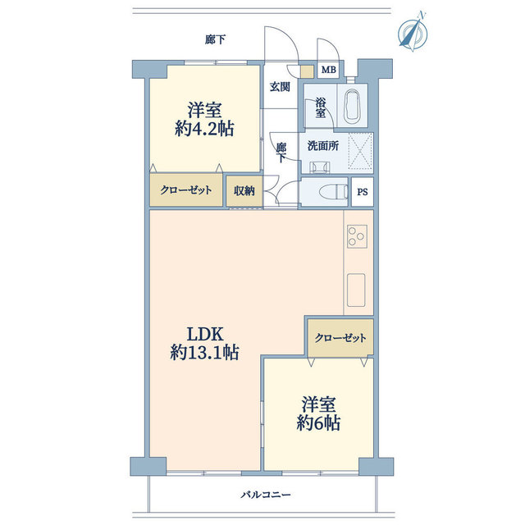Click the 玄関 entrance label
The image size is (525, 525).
[280, 87]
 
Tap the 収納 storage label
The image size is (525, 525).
[244, 191]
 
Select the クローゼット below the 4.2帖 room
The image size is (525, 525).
[185, 190]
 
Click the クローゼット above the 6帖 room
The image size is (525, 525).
[340, 337]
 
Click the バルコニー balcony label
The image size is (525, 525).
[266, 495]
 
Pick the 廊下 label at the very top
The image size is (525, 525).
[216, 39]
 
